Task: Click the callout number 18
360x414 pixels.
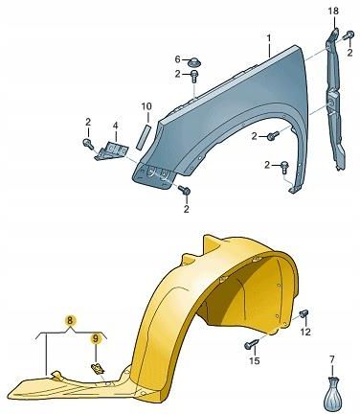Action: click(x=333, y=11)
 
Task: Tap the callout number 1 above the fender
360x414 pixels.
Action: click(x=269, y=38)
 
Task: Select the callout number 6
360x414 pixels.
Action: click(x=178, y=59)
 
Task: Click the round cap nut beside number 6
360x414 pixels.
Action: click(x=194, y=62)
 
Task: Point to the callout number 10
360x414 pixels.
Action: click(x=146, y=106)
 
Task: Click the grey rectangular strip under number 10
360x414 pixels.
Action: click(x=143, y=137)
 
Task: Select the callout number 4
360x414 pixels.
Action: click(x=115, y=126)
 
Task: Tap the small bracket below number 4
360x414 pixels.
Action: click(x=111, y=150)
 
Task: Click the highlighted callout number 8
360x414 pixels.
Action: click(x=70, y=320)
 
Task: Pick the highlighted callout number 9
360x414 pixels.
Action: click(x=96, y=338)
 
